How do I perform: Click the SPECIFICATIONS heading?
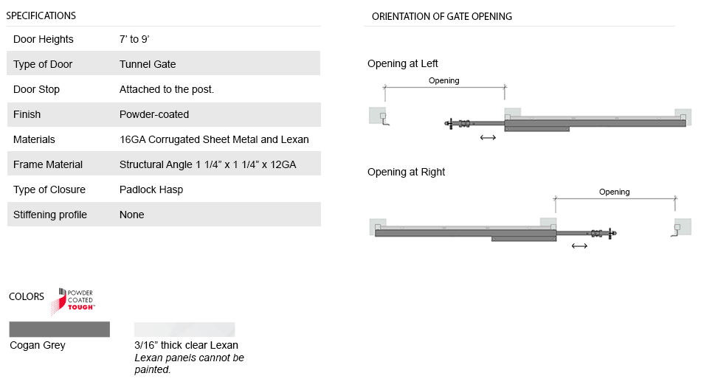click(x=41, y=15)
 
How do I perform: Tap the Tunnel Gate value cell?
click(x=148, y=64)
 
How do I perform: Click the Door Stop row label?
click(x=36, y=89)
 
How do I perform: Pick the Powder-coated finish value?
click(x=154, y=114)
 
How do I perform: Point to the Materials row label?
click(x=34, y=139)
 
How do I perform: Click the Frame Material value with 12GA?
click(x=207, y=164)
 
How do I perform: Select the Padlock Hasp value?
click(x=151, y=189)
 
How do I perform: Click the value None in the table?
click(x=132, y=215)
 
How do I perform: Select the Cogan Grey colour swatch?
click(x=59, y=329)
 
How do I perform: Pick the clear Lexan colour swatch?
click(x=184, y=329)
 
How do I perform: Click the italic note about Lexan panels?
click(x=189, y=363)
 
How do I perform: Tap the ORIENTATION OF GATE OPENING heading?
click(x=442, y=16)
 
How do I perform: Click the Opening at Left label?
click(x=403, y=63)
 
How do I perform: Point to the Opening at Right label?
click(x=407, y=172)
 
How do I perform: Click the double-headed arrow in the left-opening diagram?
click(x=488, y=137)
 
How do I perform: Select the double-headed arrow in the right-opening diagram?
click(x=579, y=246)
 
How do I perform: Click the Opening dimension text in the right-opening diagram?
click(x=615, y=192)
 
